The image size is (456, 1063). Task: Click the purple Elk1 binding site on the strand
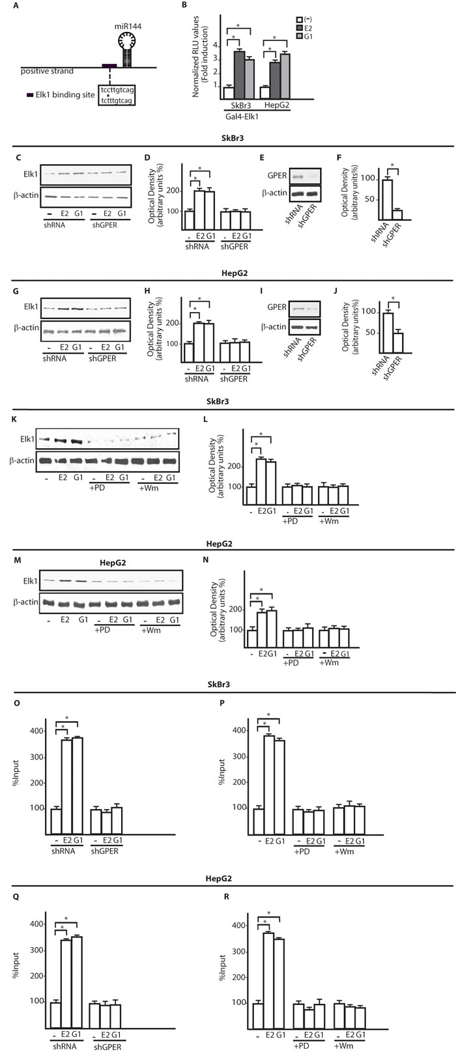point(108,66)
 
